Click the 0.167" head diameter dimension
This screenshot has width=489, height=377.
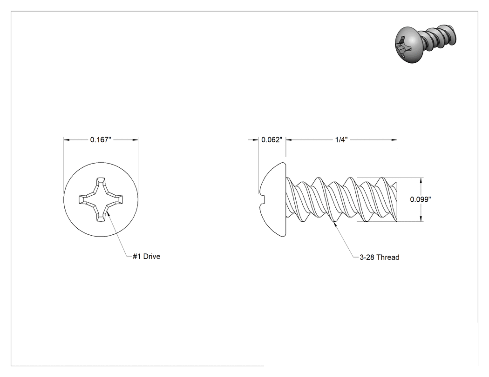pos(101,140)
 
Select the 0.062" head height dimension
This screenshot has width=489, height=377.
pos(272,140)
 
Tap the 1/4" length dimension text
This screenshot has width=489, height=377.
pos(341,140)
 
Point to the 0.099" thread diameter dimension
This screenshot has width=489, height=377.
pos(421,199)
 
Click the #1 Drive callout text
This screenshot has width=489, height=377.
pos(147,257)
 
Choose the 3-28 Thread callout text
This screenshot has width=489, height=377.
pos(380,258)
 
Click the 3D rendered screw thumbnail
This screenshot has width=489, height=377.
pos(425,43)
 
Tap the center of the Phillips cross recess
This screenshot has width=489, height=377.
pos(101,199)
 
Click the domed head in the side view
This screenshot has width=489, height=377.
pos(272,199)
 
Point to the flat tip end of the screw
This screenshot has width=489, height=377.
pos(396,199)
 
